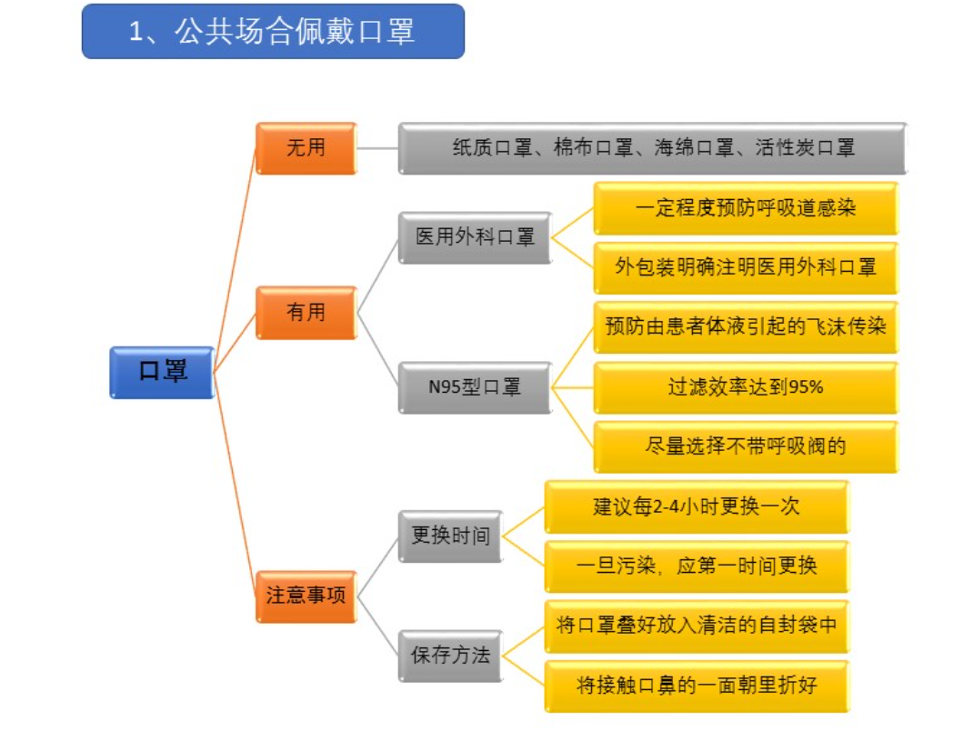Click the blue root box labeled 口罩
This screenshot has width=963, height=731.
point(163,372)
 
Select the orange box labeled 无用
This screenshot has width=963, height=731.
point(306,147)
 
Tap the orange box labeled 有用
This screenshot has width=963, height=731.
point(306,313)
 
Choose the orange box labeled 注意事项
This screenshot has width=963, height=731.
point(306,596)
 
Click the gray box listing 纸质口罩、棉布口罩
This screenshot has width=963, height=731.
point(652,147)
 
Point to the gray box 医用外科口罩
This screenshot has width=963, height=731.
point(475,238)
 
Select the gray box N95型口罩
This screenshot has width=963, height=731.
point(475,387)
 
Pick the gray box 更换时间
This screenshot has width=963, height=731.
point(450,536)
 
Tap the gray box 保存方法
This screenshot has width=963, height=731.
point(450,655)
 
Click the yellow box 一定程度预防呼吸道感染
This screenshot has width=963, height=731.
point(745,208)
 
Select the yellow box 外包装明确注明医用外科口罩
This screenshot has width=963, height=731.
point(745,267)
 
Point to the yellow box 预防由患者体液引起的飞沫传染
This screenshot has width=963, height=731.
point(745,327)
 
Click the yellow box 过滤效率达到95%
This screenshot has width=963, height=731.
point(745,387)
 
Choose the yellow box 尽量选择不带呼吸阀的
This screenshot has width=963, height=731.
point(745,446)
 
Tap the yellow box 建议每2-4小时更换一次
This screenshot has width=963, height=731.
point(696,506)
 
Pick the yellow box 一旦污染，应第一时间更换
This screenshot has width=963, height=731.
point(696,566)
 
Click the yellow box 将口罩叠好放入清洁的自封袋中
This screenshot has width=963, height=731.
point(696,626)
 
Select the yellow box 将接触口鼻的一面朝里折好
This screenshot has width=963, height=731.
point(696,685)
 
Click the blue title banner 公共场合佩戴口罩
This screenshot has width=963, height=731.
point(273,32)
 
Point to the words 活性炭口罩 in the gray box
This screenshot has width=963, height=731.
point(805,147)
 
